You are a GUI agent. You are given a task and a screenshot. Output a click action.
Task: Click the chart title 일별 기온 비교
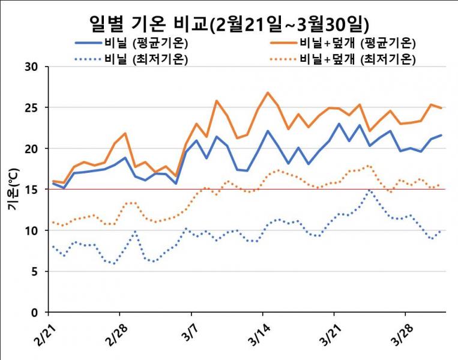coord(228,23)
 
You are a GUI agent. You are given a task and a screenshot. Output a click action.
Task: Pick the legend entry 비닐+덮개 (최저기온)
coord(358,59)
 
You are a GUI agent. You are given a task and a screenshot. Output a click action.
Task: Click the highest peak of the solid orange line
coord(268,93)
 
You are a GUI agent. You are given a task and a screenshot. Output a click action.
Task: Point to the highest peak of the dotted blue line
coord(370,191)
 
